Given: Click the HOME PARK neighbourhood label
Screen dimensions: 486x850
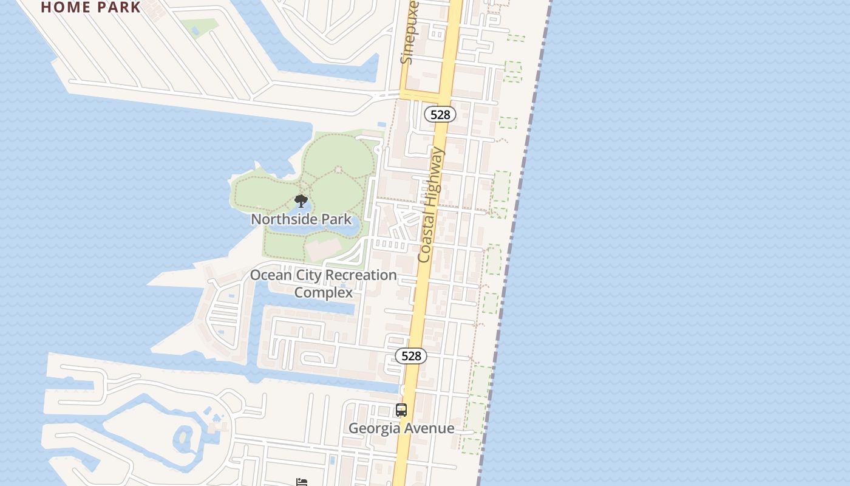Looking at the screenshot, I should (91, 7).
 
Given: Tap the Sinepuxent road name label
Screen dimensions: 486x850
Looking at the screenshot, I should (410, 33).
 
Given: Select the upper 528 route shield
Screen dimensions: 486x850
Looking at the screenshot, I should (440, 114).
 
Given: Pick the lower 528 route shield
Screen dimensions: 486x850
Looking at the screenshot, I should (411, 356).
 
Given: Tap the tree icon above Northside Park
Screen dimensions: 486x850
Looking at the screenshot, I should (301, 201).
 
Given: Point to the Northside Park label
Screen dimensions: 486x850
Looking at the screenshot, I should (301, 219).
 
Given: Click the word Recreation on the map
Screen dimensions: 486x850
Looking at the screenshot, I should (361, 275).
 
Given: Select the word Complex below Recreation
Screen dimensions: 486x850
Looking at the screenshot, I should (323, 293).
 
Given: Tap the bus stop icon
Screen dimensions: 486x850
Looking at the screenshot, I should (401, 410).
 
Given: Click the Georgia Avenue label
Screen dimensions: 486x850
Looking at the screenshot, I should (401, 428).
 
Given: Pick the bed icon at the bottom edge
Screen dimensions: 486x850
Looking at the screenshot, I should (302, 482).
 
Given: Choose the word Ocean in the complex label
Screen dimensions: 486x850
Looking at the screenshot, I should (271, 275).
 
